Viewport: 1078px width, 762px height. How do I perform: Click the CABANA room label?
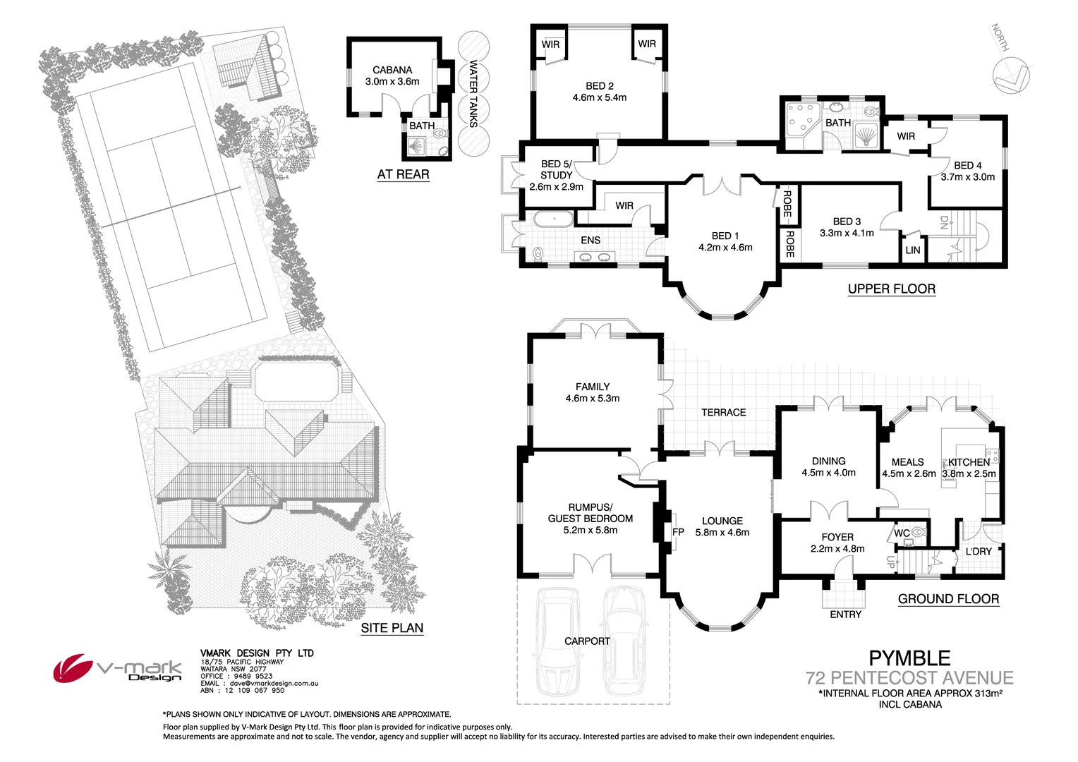392,71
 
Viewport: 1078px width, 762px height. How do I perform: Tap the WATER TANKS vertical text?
473,94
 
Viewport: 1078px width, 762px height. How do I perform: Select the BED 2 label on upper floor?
600,86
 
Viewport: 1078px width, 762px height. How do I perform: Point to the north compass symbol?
1010,75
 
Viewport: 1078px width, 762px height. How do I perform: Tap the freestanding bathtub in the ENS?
553,219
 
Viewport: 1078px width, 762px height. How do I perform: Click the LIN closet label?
913,250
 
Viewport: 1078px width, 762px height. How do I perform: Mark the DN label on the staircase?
944,222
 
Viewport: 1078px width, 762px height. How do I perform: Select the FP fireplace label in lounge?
678,533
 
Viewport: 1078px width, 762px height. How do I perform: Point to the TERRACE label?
723,413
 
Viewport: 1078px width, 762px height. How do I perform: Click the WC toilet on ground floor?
919,532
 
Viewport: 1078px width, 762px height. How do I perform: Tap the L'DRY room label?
979,552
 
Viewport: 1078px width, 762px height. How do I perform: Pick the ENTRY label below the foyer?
846,615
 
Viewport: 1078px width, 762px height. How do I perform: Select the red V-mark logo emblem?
73,668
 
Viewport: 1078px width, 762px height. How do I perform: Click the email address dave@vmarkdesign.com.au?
274,683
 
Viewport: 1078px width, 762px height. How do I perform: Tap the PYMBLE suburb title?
909,658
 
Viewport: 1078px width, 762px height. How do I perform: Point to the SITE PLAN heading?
392,628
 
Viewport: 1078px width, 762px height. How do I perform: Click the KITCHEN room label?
969,463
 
